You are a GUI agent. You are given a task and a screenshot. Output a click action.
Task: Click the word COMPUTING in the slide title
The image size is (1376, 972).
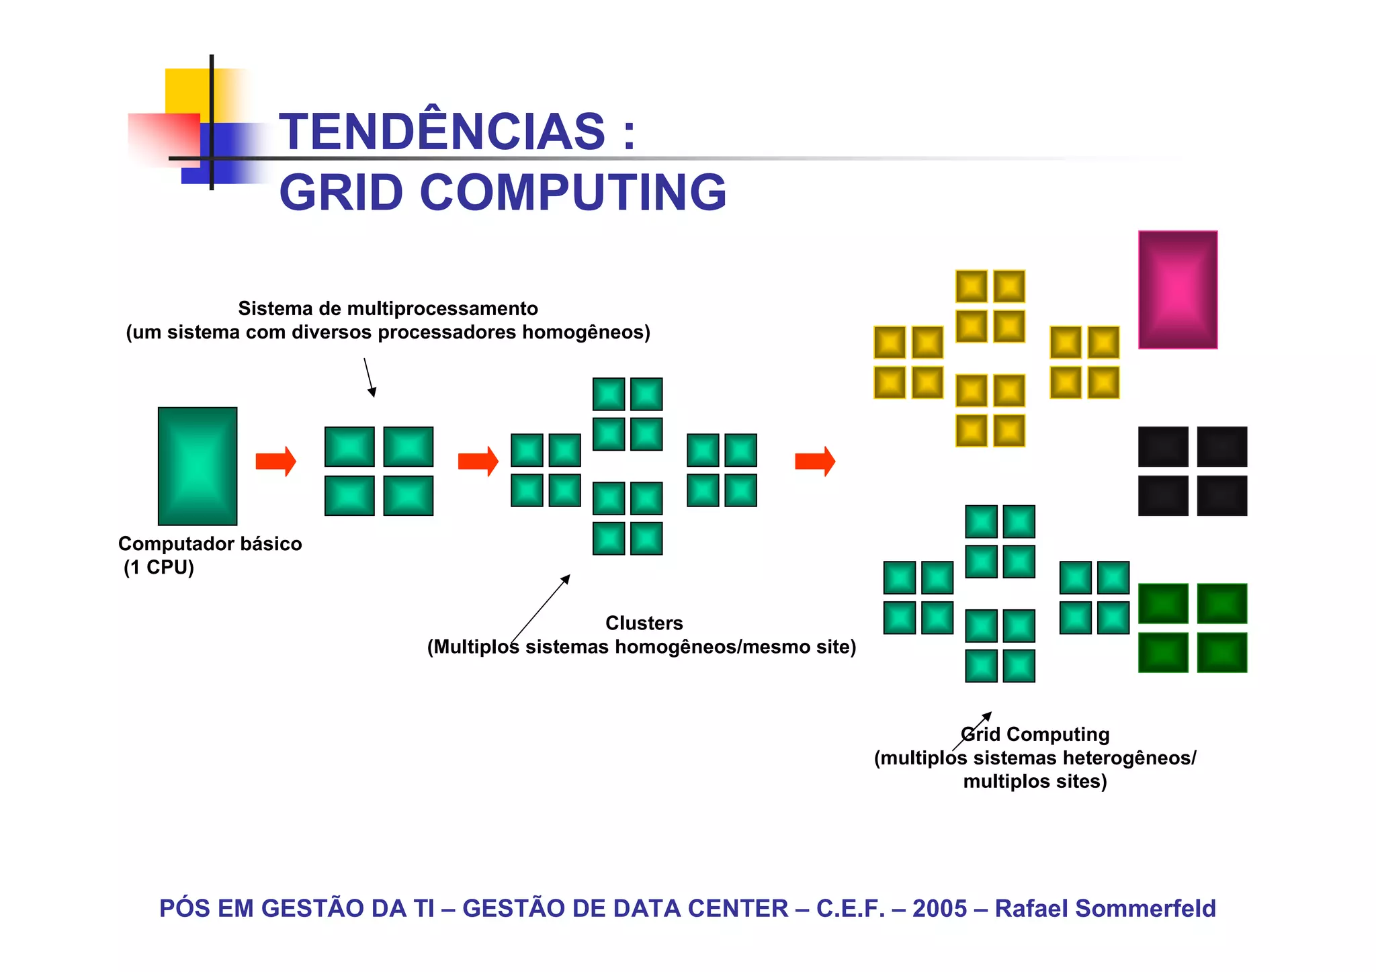click(x=572, y=193)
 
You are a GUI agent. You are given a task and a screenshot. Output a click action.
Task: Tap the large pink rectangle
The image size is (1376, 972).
click(x=1177, y=290)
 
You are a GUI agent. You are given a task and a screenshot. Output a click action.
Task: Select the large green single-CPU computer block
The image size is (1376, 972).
click(x=198, y=466)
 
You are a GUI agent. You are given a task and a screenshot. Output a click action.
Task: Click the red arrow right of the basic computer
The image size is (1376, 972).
click(x=275, y=461)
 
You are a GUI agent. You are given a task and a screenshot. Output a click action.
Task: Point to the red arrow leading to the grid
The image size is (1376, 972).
click(x=814, y=461)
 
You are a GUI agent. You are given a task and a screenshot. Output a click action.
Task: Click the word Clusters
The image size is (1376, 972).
click(x=644, y=623)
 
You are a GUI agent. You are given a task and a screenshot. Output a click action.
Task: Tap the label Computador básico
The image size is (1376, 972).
click(x=210, y=543)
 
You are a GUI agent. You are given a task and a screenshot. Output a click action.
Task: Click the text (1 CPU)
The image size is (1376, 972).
click(x=159, y=568)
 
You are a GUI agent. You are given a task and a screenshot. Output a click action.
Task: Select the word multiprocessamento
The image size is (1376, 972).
click(x=442, y=309)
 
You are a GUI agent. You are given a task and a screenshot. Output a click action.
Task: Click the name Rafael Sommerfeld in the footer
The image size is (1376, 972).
click(x=1105, y=908)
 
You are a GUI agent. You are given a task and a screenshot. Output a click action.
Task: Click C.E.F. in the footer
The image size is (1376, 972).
click(x=850, y=908)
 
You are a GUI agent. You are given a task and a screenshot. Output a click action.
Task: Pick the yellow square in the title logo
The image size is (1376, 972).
click(x=187, y=91)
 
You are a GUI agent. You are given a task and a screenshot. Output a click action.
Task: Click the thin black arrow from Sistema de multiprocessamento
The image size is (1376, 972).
click(x=370, y=378)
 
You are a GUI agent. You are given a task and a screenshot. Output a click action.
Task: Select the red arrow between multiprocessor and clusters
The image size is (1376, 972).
click(x=478, y=461)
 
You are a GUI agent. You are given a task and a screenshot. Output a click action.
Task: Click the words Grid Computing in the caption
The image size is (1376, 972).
click(x=1035, y=734)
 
